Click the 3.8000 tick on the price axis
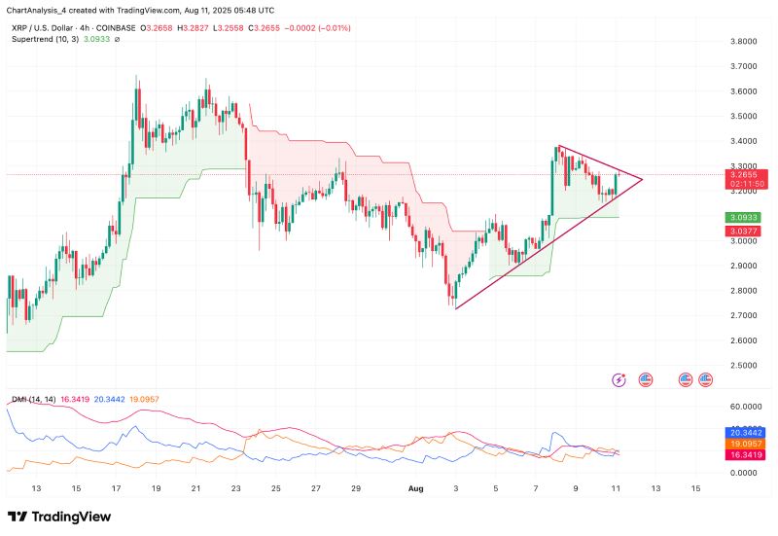744,42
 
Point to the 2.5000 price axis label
744,365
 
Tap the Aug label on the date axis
416,487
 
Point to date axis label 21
195,487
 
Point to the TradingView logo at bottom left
59,517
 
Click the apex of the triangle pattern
643,178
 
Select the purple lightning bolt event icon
619,378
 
